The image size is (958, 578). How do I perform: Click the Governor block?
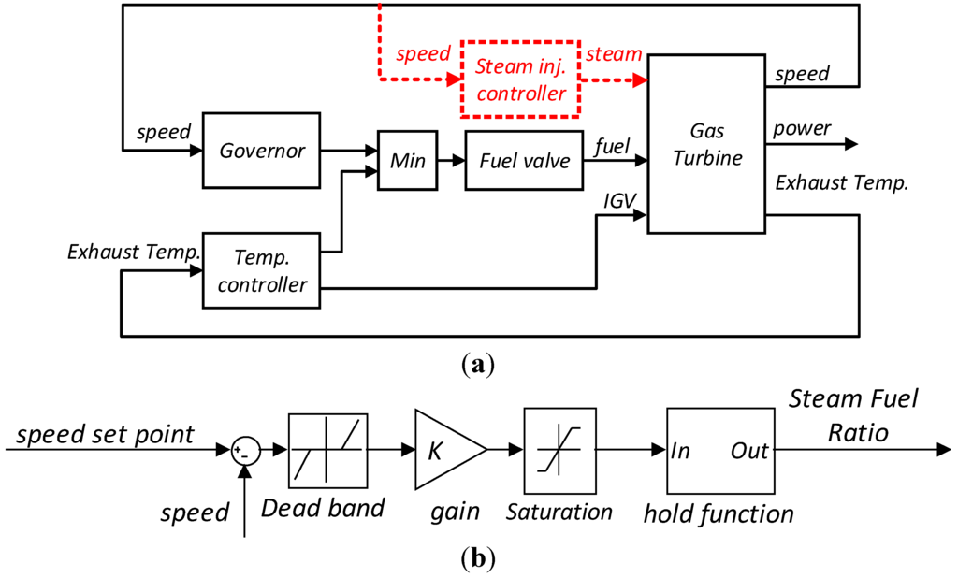262,151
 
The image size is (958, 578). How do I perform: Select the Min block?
408,160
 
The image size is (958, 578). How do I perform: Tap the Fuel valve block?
524,160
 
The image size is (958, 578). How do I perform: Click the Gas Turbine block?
706,144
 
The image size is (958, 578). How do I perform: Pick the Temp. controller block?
262,270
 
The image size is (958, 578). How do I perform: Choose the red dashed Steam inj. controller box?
520,79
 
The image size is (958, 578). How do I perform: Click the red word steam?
614,53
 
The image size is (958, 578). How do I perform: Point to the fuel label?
612,146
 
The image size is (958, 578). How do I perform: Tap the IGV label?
619,201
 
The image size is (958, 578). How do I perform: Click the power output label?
802,128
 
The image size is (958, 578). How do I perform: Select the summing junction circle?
246,451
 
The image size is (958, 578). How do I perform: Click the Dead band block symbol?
328,451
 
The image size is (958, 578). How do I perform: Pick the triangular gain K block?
451,450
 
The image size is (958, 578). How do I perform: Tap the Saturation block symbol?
559,451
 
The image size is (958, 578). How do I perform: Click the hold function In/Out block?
720,451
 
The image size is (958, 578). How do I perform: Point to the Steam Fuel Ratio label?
853,415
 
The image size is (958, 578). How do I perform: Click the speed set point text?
105,434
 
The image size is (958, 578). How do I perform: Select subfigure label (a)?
478,365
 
